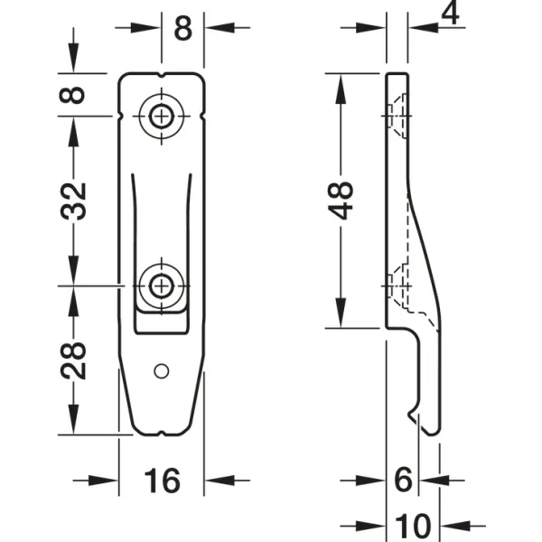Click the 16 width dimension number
click(x=162, y=481)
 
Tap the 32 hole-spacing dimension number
click(x=73, y=201)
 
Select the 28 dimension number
click(x=73, y=360)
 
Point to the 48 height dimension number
click(x=341, y=201)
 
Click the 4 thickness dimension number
click(x=451, y=14)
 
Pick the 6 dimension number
click(x=403, y=480)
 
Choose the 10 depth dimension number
click(x=413, y=526)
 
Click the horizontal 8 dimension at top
click(x=182, y=28)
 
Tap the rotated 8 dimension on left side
click(x=72, y=95)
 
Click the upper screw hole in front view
click(x=161, y=117)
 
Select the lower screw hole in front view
click(x=161, y=286)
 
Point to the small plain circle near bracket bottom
click(x=161, y=371)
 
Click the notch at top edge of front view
click(x=162, y=75)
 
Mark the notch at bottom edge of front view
click(x=162, y=433)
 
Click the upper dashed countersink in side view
click(x=398, y=116)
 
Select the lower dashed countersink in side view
click(x=398, y=286)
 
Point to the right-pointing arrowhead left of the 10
click(x=370, y=526)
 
